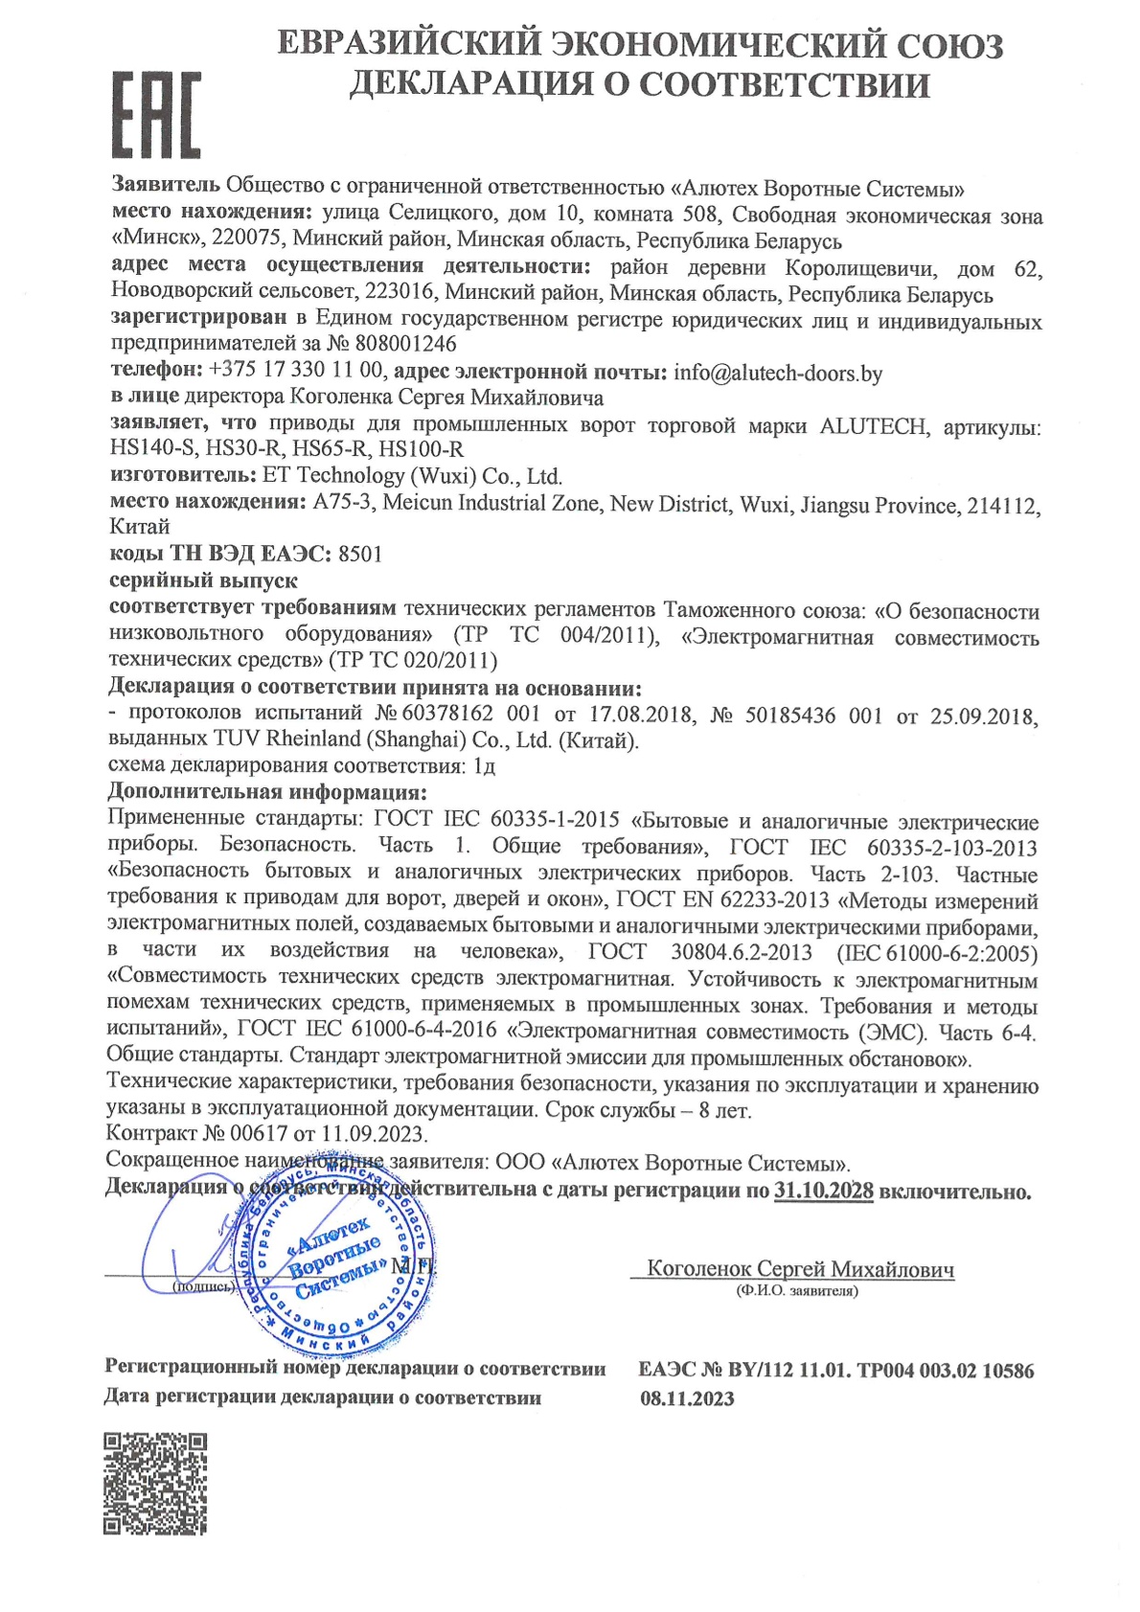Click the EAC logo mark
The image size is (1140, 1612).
(156, 114)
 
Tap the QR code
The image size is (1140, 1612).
(155, 1483)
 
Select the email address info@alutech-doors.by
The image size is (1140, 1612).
(778, 373)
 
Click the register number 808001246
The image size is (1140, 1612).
(405, 344)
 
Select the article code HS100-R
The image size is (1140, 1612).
(421, 449)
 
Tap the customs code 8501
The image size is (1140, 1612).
(360, 555)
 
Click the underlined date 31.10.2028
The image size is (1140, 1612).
(823, 1192)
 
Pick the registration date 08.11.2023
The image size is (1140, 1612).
(687, 1398)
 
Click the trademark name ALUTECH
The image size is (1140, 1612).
(873, 426)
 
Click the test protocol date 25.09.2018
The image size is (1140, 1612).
(984, 715)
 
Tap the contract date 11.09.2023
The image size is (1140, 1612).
(373, 1134)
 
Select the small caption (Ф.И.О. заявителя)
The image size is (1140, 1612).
(797, 1291)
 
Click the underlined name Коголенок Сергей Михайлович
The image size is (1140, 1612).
(800, 1269)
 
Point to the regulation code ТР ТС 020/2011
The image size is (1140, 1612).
(413, 661)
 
